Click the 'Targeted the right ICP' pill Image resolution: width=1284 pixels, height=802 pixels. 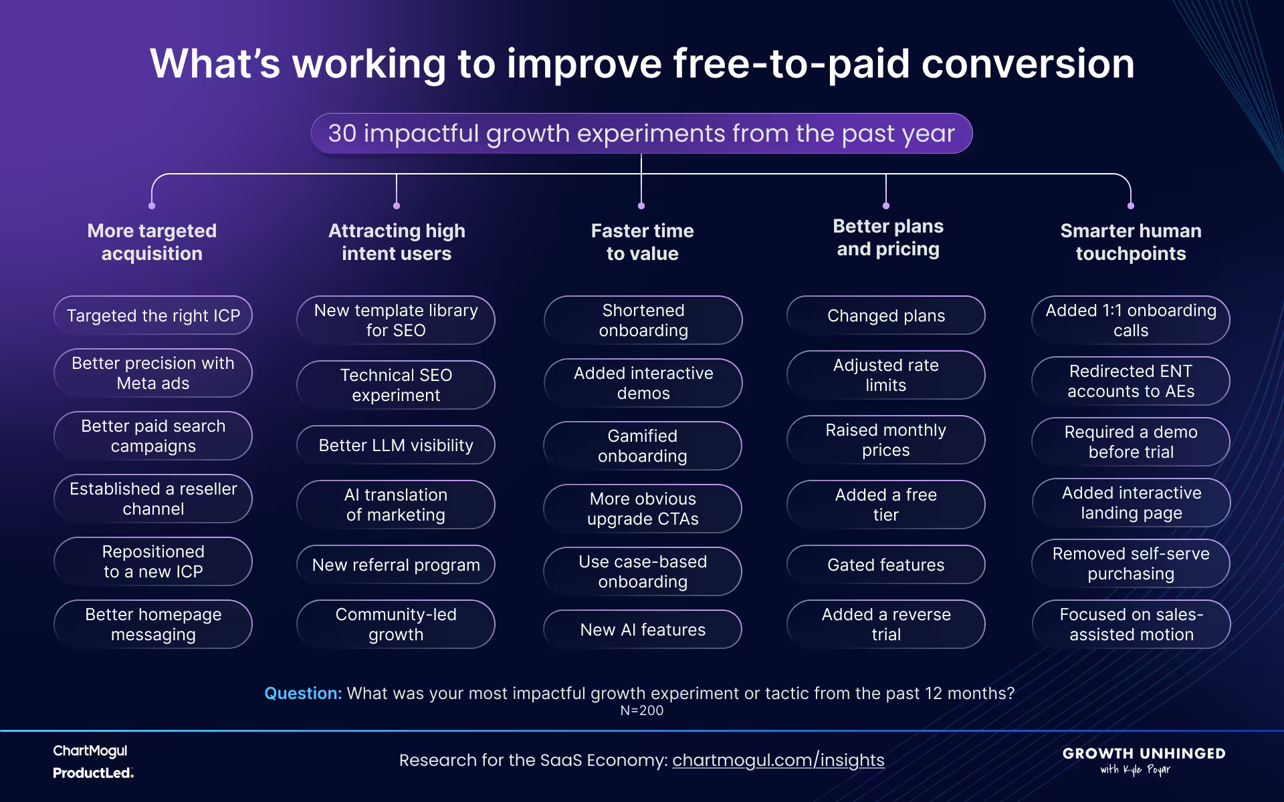[x=153, y=315]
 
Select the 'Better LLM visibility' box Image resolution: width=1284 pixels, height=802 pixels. [x=396, y=445]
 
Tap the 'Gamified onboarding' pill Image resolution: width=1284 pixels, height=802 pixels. [x=643, y=446]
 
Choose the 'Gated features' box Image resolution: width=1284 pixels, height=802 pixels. [x=886, y=565]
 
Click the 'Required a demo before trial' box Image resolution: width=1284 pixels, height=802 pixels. [x=1131, y=442]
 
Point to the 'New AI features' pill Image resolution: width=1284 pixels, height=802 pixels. [x=643, y=630]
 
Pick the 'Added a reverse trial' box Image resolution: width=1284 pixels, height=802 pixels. [x=886, y=624]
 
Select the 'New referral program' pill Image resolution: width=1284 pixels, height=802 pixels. [x=396, y=565]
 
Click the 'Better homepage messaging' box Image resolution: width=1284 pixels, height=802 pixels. [x=153, y=624]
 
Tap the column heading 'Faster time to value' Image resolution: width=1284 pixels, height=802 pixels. [x=642, y=242]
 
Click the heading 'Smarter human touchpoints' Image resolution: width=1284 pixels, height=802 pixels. [x=1131, y=242]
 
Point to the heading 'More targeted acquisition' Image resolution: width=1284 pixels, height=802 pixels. [x=152, y=242]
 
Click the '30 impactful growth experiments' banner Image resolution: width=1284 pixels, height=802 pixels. [x=641, y=134]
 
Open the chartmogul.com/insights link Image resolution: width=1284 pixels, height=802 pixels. [x=778, y=760]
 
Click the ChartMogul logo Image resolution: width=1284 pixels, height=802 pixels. [x=90, y=751]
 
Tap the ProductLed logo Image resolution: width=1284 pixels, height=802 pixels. [x=93, y=773]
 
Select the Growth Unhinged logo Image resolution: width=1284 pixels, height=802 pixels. [x=1144, y=760]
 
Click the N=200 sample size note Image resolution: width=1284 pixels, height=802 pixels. [x=641, y=710]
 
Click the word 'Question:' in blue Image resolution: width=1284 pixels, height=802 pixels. [x=303, y=693]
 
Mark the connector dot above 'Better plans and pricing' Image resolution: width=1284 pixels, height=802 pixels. [x=886, y=206]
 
